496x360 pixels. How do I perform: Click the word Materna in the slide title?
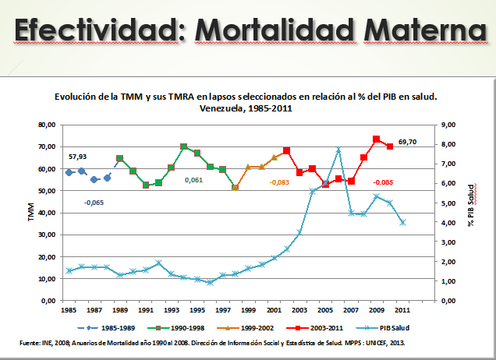point(426,30)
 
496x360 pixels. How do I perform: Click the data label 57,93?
point(77,157)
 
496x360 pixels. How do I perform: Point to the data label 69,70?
point(407,142)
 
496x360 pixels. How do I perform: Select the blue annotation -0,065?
point(94,203)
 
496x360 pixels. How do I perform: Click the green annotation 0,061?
point(193,180)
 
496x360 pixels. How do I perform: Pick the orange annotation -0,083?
point(279,182)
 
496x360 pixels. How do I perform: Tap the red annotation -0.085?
point(383,182)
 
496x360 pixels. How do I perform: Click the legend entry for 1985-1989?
point(106,328)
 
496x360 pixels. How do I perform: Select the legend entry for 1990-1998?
point(176,328)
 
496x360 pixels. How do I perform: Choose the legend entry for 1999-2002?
point(246,328)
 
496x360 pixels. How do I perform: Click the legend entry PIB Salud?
point(383,328)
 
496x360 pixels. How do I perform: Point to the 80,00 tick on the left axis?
point(47,125)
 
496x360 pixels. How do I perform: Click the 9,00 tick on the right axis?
point(448,125)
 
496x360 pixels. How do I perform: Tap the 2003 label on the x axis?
point(299,310)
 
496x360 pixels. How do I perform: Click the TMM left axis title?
point(31,212)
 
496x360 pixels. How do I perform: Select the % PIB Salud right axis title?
point(471,206)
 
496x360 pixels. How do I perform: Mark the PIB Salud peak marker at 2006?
point(338,150)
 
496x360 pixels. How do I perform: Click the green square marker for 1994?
point(184,146)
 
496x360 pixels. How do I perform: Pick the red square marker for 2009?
point(376,139)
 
